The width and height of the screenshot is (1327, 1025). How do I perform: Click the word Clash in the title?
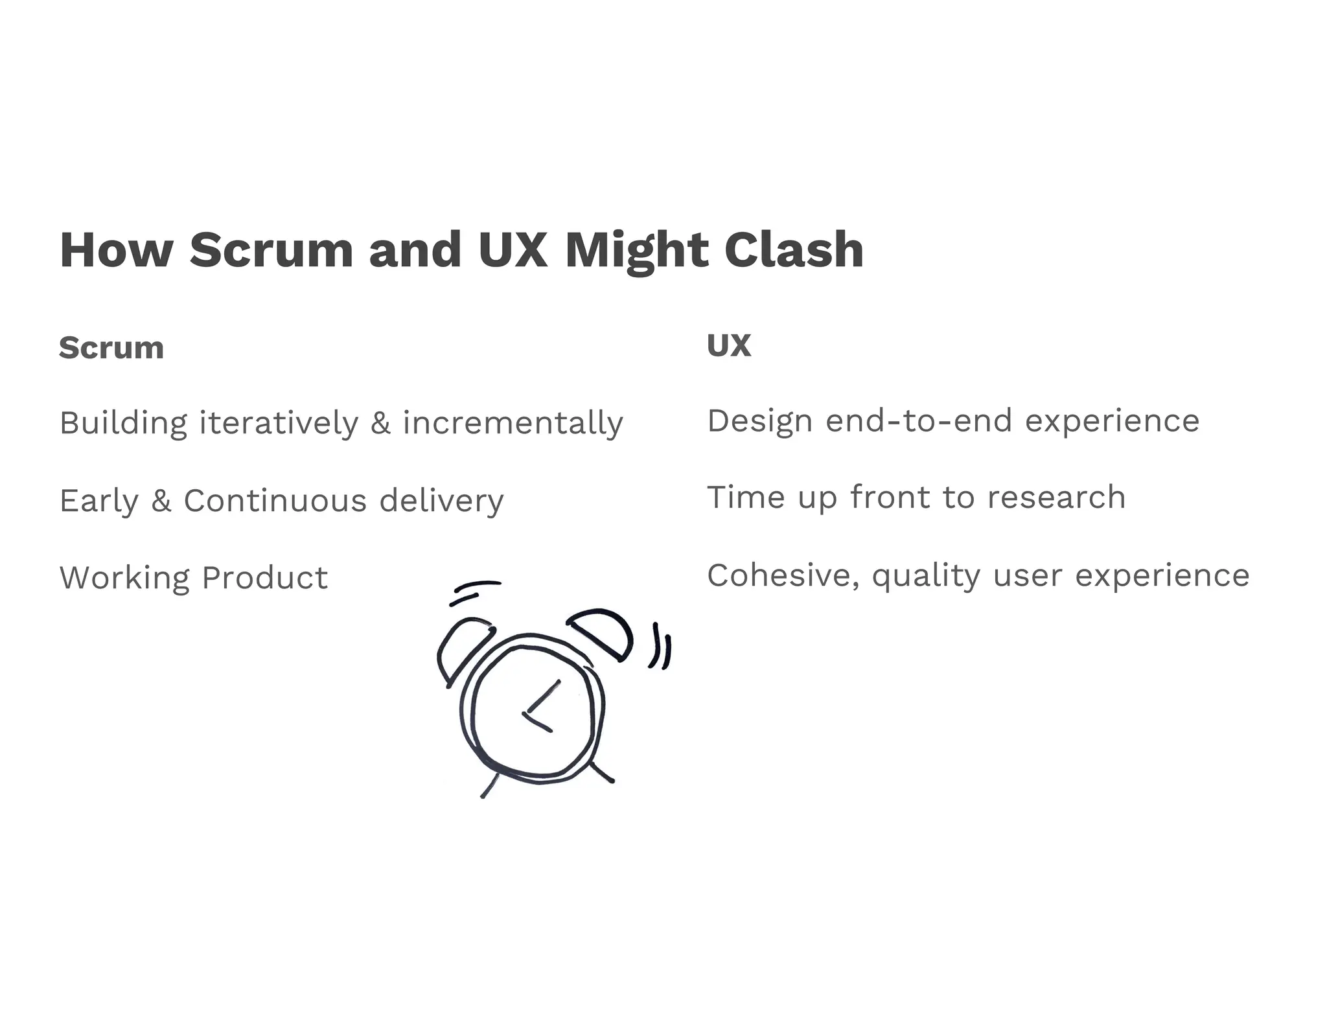pyautogui.click(x=794, y=249)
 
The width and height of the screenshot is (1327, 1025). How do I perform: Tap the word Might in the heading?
pyautogui.click(x=637, y=251)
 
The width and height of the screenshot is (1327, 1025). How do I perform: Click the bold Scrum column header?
pyautogui.click(x=111, y=348)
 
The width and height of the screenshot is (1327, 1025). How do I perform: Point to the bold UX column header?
pyautogui.click(x=729, y=345)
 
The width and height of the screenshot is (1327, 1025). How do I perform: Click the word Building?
pyautogui.click(x=124, y=423)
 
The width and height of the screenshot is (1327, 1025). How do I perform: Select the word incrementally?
pyautogui.click(x=513, y=423)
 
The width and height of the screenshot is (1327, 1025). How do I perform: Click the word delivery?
pyautogui.click(x=441, y=501)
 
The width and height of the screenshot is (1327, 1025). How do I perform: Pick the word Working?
pyautogui.click(x=124, y=577)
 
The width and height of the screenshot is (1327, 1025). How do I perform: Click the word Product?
pyautogui.click(x=265, y=577)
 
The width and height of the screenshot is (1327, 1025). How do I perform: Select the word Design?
pyautogui.click(x=759, y=421)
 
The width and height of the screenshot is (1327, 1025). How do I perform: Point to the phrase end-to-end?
pyautogui.click(x=919, y=421)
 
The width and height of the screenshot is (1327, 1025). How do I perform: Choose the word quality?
pyautogui.click(x=926, y=576)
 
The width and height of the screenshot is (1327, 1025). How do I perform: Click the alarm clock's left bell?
pyautogui.click(x=461, y=648)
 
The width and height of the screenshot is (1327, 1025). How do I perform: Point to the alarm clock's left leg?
pyautogui.click(x=490, y=785)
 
